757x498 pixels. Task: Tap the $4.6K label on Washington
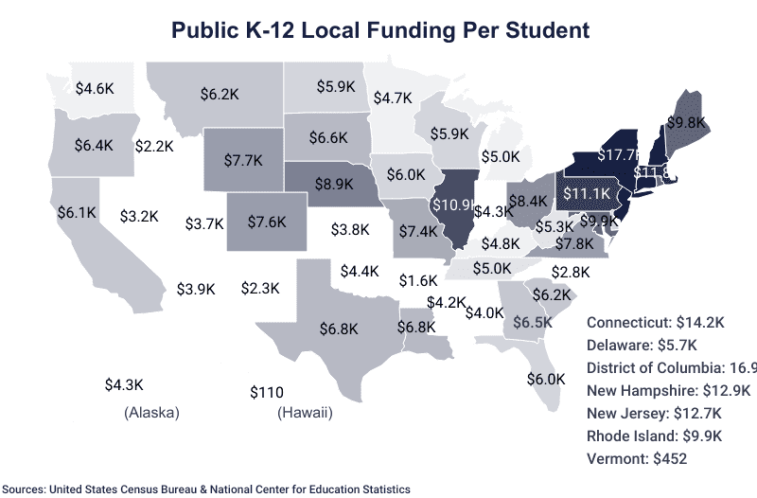[x=95, y=89]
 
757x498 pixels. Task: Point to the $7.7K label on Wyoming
[x=243, y=160]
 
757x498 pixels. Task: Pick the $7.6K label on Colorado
[x=267, y=222]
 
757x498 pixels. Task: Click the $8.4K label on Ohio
[x=528, y=201]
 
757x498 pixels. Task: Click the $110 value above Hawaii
[x=267, y=392]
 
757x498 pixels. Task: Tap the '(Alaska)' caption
[x=151, y=413]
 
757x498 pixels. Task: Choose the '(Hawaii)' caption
[x=305, y=413]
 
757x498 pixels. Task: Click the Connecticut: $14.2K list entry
[x=655, y=322]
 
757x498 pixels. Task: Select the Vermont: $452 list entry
[x=636, y=458]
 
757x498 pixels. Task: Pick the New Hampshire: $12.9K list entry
[x=668, y=390]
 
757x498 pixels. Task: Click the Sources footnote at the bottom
[x=205, y=489]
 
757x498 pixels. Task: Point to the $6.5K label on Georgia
[x=533, y=322]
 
